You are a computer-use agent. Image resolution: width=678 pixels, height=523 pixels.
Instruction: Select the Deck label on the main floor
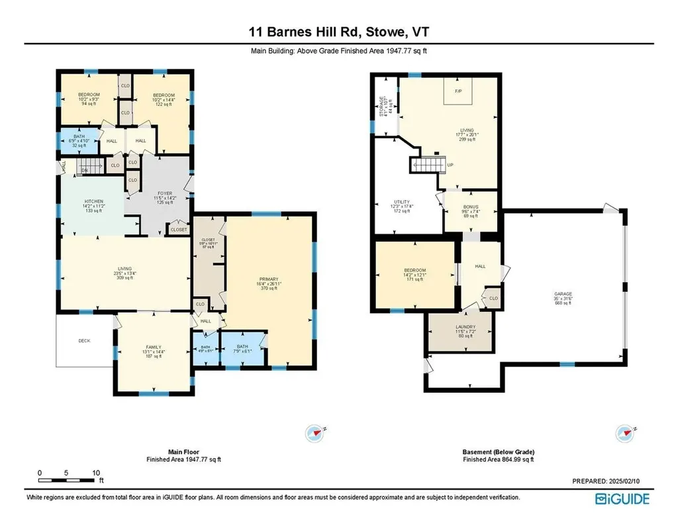84,340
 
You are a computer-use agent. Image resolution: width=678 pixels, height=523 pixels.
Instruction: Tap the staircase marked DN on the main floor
89,166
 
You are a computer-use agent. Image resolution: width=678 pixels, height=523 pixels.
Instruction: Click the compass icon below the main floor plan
315,433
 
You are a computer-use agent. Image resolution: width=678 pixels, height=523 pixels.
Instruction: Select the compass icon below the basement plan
625,433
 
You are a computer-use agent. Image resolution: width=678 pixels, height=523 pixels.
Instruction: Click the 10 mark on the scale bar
96,473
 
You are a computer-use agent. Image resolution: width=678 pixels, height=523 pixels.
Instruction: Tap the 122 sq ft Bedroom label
162,99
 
